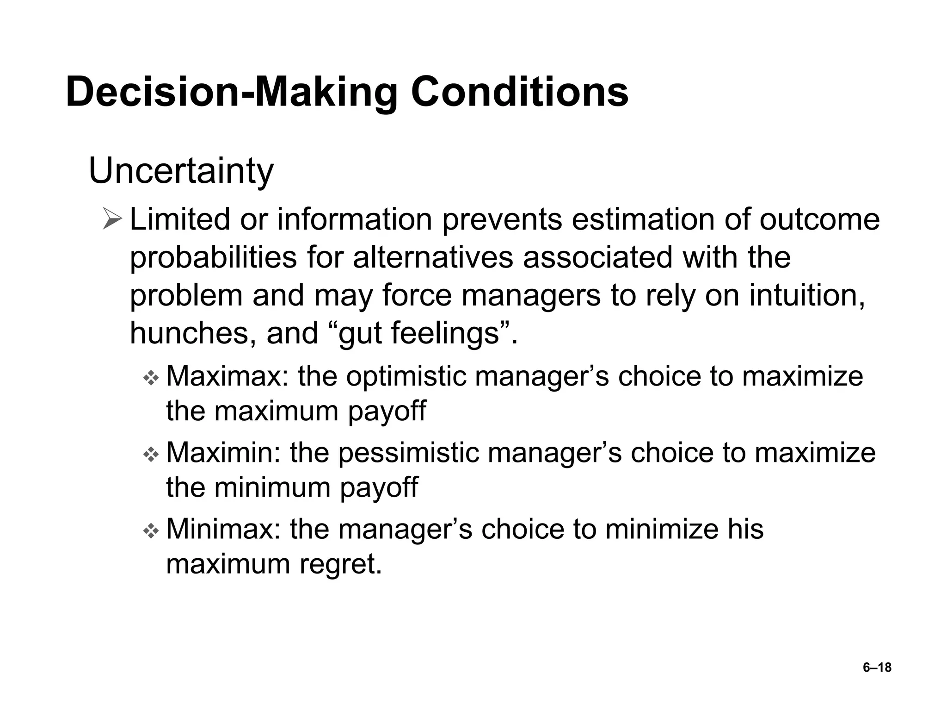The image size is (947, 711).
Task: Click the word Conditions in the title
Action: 519,92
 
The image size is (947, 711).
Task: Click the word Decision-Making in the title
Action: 231,93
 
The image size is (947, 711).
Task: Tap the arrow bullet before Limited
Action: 113,219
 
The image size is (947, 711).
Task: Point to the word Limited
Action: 180,219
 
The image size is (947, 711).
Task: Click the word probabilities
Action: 213,258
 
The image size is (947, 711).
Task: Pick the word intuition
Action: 807,295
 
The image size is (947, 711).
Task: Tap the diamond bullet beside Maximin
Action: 151,455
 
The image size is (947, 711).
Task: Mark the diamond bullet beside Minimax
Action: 151,532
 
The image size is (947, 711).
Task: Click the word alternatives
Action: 433,258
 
